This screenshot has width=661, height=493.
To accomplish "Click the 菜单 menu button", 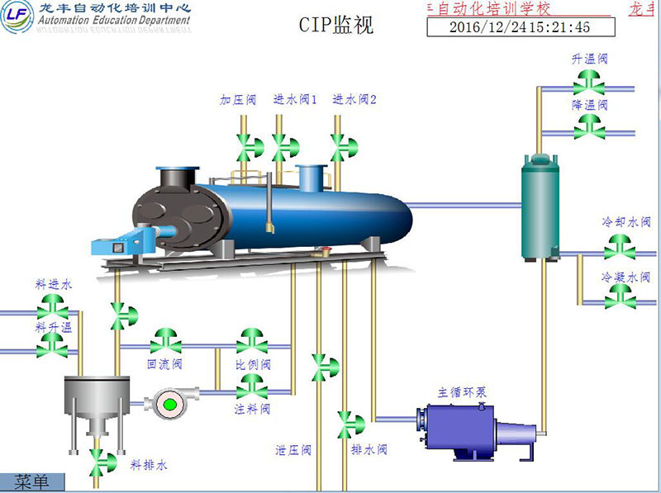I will click(x=32, y=481).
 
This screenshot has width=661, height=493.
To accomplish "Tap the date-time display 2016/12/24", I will click(x=520, y=26).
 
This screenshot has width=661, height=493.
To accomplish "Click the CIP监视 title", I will click(x=336, y=25).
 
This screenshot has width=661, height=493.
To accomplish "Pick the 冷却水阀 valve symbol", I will click(x=618, y=245).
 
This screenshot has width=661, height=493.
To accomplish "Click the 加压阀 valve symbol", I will click(x=246, y=146).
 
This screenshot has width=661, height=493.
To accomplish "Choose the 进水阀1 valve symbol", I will click(x=282, y=146).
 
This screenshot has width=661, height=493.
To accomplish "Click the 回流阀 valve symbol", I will click(x=165, y=340).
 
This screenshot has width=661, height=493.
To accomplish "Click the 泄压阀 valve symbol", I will click(x=319, y=364).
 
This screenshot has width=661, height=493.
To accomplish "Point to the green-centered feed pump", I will click(x=170, y=404).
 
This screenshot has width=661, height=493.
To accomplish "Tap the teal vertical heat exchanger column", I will click(x=540, y=206).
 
